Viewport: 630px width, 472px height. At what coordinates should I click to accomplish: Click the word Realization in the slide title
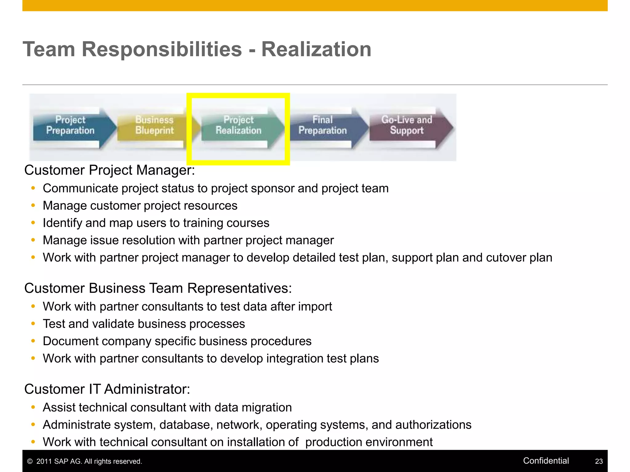click(x=316, y=49)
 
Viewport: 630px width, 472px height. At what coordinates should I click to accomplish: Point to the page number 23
click(x=599, y=461)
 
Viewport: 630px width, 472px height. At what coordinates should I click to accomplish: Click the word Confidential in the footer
click(x=546, y=461)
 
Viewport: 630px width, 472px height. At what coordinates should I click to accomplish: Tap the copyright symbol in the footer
click(x=30, y=461)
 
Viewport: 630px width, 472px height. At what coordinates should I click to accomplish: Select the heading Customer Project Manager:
click(x=110, y=170)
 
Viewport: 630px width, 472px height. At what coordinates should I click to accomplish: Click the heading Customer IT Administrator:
click(x=107, y=389)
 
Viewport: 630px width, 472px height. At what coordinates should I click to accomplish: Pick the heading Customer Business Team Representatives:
click(x=158, y=288)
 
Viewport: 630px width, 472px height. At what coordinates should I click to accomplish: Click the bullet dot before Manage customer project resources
click(x=33, y=205)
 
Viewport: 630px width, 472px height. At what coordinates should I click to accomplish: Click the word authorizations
click(x=433, y=425)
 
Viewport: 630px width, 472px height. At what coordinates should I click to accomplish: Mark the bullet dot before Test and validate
click(x=33, y=324)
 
